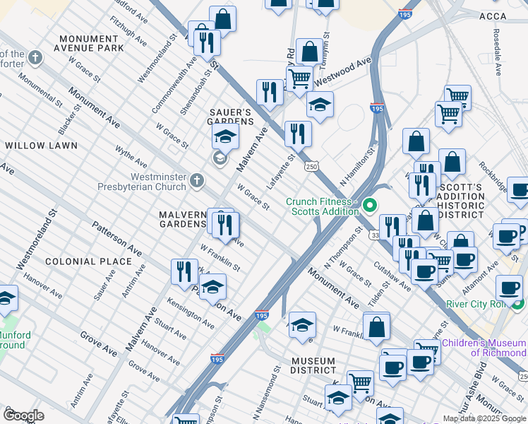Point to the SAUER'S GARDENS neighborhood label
[229, 117]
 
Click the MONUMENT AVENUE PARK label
[92, 43]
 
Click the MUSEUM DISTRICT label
[313, 365]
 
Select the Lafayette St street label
[281, 172]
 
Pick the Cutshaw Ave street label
[392, 273]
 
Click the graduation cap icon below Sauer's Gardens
[225, 136]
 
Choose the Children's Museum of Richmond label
[484, 348]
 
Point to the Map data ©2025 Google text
[484, 418]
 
